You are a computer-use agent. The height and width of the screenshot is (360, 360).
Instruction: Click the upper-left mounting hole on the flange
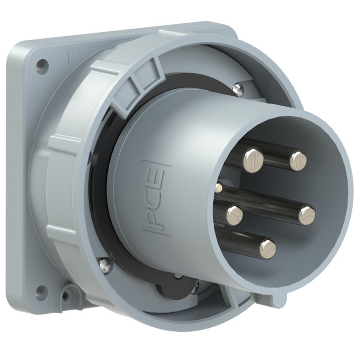(x=42, y=66)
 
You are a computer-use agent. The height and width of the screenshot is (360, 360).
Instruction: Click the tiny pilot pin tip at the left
(x=219, y=187)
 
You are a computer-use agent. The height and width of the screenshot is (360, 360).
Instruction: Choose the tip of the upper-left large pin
(x=254, y=158)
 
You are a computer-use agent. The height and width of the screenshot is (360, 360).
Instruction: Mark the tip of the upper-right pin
(x=298, y=161)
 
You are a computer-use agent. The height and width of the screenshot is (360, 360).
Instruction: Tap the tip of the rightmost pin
(x=307, y=215)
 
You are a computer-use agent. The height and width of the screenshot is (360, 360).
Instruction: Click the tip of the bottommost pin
(x=268, y=249)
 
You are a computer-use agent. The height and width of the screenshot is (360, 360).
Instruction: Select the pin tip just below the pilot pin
(x=235, y=215)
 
